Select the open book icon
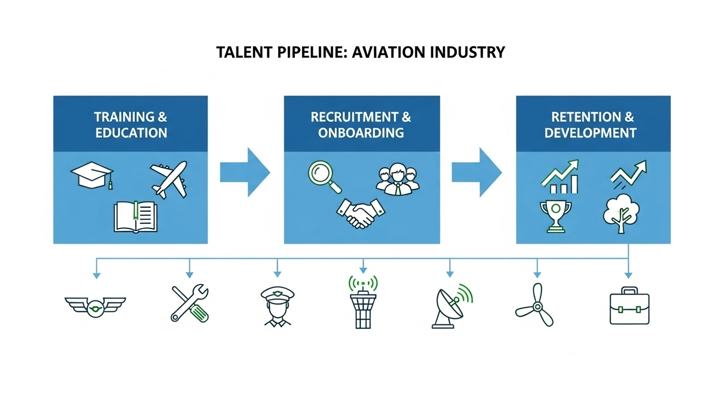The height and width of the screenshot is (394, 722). pos(135,216)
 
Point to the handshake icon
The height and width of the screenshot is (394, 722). pos(361,213)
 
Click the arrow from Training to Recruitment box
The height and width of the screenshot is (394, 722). pos(245,172)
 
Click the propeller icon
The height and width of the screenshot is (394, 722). pos(536,306)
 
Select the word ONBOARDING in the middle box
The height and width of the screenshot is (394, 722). pos(361,133)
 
